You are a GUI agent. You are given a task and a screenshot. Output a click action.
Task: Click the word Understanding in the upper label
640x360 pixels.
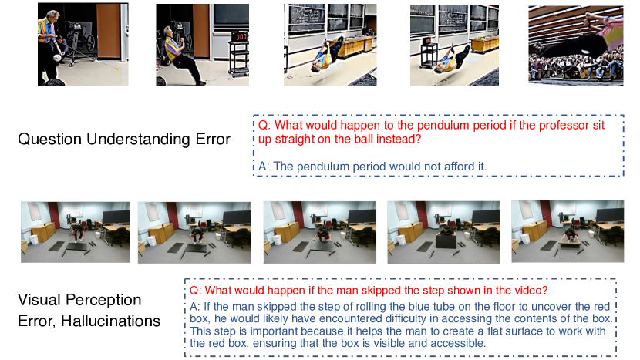coord(137,140)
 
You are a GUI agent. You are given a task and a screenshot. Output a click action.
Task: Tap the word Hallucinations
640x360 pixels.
coord(110,321)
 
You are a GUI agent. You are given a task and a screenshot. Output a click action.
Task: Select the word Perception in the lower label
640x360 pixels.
coord(103,301)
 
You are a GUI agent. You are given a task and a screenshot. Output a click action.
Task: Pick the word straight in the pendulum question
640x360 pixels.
coord(294,140)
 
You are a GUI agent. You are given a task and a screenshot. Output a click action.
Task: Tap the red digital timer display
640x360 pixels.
coord(241,37)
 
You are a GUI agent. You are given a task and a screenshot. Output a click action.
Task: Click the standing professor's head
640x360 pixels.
coord(52,17)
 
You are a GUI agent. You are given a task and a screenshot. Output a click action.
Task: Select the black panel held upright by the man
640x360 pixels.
coord(446,242)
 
